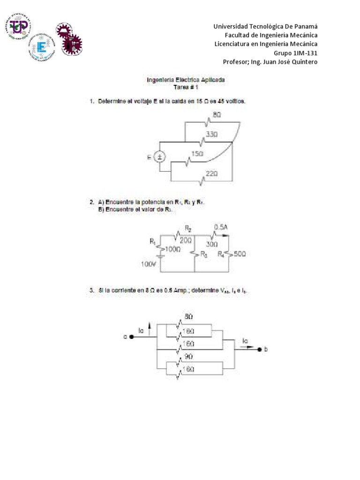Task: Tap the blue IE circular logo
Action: pos(41,47)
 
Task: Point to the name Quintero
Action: pos(301,62)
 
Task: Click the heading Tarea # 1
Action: pos(186,87)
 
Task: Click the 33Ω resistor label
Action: pos(218,134)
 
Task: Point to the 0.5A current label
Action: pos(220,227)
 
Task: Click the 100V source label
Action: pos(148,264)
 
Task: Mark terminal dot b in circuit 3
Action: pos(258,349)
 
